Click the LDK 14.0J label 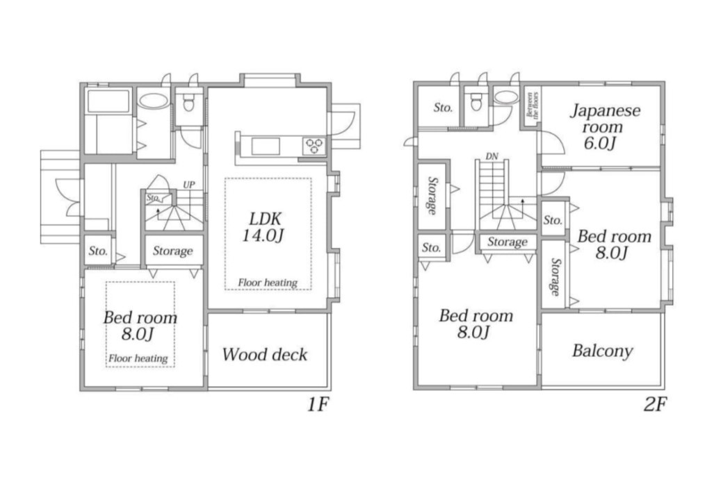pyautogui.click(x=263, y=227)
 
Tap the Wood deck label pyautogui.click(x=265, y=354)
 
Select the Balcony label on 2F pyautogui.click(x=603, y=351)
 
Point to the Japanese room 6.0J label pyautogui.click(x=606, y=126)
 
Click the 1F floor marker pyautogui.click(x=318, y=404)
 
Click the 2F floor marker pyautogui.click(x=655, y=404)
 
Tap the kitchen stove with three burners pyautogui.click(x=315, y=146)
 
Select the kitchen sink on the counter pyautogui.click(x=266, y=146)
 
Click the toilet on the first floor pyautogui.click(x=188, y=103)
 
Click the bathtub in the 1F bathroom pyautogui.click(x=108, y=101)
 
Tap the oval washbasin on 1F pyautogui.click(x=154, y=101)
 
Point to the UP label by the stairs pyautogui.click(x=189, y=185)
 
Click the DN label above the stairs pyautogui.click(x=492, y=156)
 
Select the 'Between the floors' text pyautogui.click(x=532, y=105)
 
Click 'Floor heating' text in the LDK pyautogui.click(x=268, y=282)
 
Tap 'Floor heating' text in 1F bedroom pyautogui.click(x=138, y=358)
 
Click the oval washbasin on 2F pyautogui.click(x=507, y=97)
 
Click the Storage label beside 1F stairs pyautogui.click(x=173, y=251)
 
